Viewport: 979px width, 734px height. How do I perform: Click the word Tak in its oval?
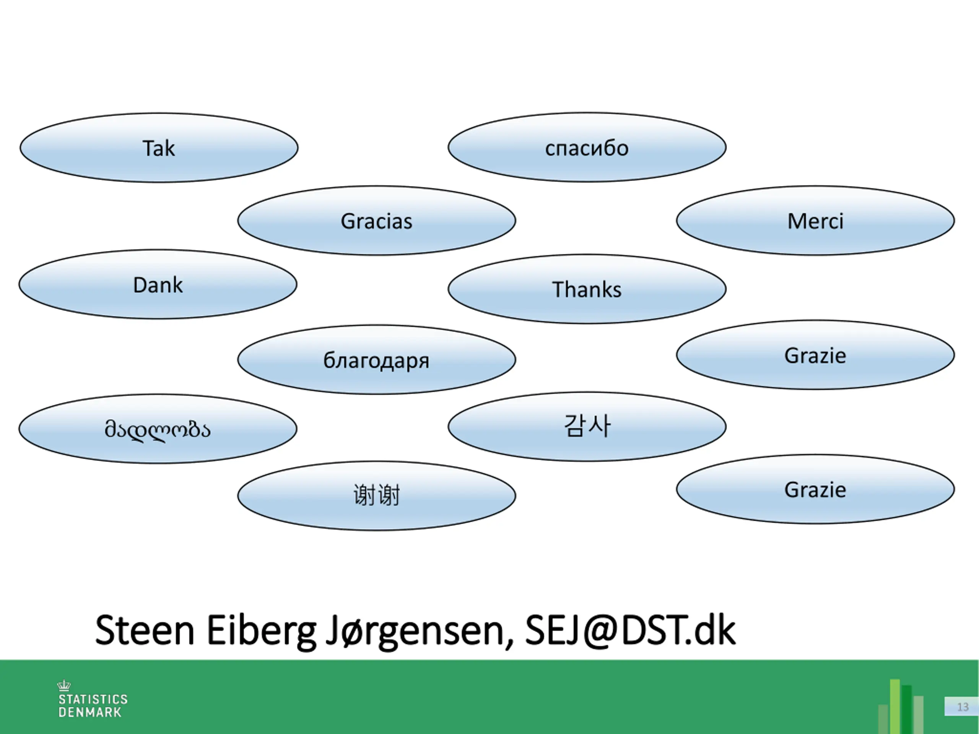[158, 148]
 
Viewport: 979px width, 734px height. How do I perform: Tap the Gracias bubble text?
[376, 221]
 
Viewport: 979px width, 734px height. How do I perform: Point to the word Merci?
[815, 221]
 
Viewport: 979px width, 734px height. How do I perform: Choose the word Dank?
[158, 285]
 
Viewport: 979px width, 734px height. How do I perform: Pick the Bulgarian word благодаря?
[376, 361]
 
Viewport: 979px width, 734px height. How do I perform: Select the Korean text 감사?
[587, 426]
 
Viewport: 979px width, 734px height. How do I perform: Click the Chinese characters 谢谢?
[376, 495]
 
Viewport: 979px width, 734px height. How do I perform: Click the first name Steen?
[145, 630]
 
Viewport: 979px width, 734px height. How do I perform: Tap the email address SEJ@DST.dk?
[630, 630]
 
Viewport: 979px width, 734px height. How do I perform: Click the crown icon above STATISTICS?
[64, 685]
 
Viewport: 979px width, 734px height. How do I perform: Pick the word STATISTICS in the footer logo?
[93, 700]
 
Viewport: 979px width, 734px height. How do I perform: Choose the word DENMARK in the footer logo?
[90, 712]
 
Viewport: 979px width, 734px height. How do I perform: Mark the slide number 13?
[963, 707]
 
